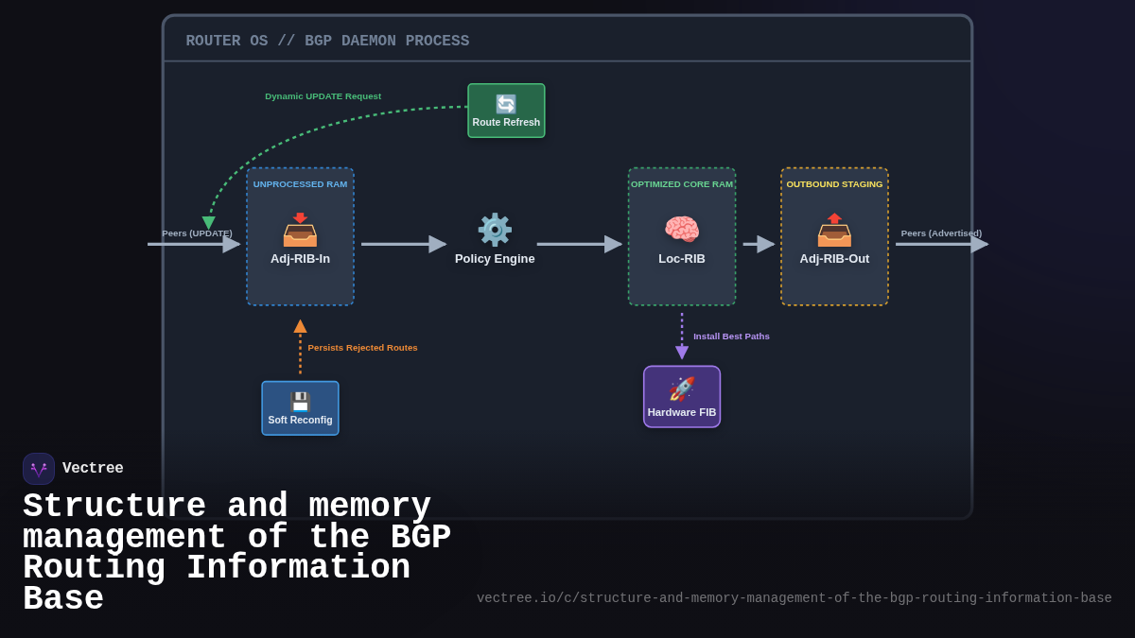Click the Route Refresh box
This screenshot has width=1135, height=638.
click(x=506, y=111)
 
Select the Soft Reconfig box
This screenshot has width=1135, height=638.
click(x=300, y=408)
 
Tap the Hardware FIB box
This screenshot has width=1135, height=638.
click(x=682, y=397)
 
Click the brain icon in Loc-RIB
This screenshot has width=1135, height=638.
click(x=682, y=230)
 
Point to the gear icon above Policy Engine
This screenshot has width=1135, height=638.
click(x=495, y=230)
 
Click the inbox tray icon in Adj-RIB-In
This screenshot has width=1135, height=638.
click(x=300, y=230)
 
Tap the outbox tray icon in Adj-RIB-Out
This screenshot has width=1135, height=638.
click(x=834, y=230)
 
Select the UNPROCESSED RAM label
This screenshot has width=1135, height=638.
click(x=300, y=184)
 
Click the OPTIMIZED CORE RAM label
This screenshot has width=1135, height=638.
click(x=682, y=184)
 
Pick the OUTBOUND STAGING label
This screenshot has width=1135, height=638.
click(x=834, y=184)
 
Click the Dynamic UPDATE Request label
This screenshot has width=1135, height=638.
click(x=323, y=96)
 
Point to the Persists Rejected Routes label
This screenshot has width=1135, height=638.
click(x=362, y=348)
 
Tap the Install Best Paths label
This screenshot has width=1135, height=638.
click(x=731, y=336)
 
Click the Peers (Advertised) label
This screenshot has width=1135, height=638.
click(x=941, y=233)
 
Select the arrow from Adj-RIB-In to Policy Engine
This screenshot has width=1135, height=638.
click(x=403, y=244)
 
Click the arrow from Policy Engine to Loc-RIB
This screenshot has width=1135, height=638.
click(x=579, y=244)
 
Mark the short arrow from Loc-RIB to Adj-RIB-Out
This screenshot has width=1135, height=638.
click(x=759, y=244)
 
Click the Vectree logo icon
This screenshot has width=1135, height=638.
click(x=39, y=469)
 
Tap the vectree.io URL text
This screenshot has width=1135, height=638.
click(x=794, y=598)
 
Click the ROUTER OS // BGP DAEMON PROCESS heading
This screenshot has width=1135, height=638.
click(x=327, y=42)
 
